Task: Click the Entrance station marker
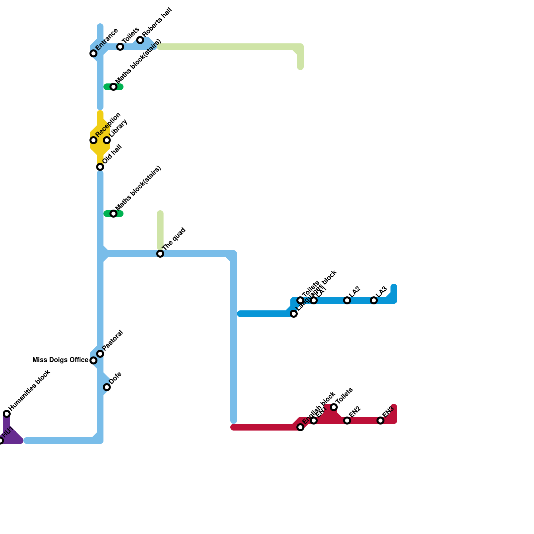[x=93, y=53]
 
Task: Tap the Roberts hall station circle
[x=140, y=40]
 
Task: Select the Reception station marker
[x=93, y=140]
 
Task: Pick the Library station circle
[x=107, y=140]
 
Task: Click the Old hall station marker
[x=100, y=167]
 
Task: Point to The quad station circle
[x=160, y=254]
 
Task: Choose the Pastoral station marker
[x=100, y=354]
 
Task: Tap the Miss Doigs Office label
[x=60, y=360]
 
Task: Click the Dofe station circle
[x=107, y=387]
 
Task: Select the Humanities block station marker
[x=7, y=414]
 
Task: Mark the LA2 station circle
[x=347, y=300]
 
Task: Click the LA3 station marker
[x=374, y=300]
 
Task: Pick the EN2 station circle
[x=347, y=421]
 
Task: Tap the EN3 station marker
[x=380, y=421]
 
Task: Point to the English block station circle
[x=300, y=427]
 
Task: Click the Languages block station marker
[x=294, y=314]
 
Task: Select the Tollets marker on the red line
[x=334, y=407]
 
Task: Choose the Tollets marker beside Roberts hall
[x=120, y=47]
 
